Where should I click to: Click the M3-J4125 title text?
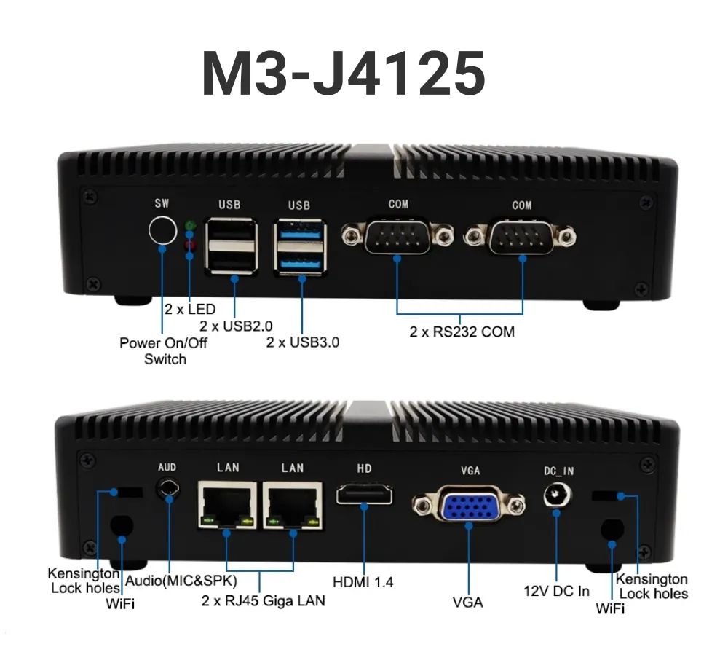pos(343,74)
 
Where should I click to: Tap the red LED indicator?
pos(191,243)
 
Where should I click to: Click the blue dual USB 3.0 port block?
pos(300,246)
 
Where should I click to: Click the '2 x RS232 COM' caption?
pos(462,332)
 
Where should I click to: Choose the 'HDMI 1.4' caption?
pos(363,582)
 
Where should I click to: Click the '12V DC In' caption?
pos(557,590)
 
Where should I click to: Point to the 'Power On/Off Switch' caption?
pos(163,350)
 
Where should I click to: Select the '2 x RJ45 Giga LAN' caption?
pos(264,601)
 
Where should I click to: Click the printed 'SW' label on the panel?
pos(162,204)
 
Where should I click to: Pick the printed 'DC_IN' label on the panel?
pos(558,471)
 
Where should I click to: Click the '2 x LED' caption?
pos(190,309)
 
